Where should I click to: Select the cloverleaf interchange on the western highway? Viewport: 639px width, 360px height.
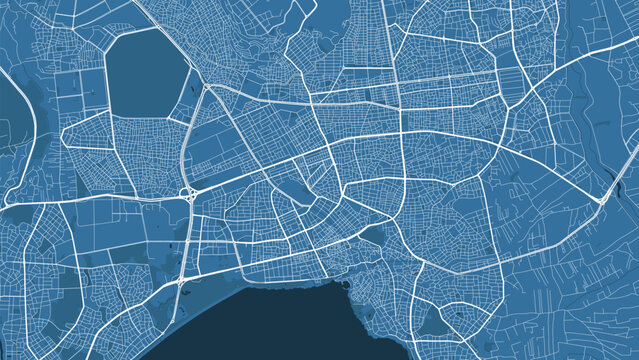(186, 193)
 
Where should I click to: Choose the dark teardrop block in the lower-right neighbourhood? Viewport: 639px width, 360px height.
(432, 320)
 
